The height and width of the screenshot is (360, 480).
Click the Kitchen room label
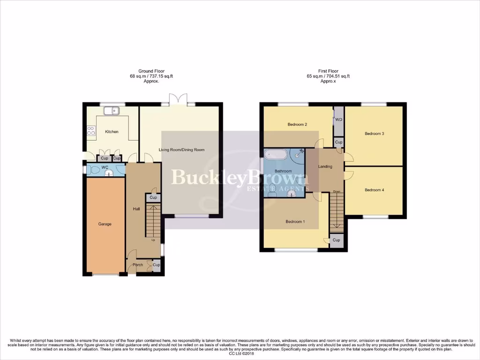pos(112,132)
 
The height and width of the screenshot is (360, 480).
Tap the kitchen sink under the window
pos(112,111)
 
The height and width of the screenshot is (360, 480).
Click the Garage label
pos(105,224)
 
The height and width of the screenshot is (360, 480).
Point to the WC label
pos(105,167)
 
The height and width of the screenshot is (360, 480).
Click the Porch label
pos(138,265)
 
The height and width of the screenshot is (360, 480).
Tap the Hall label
pos(136,209)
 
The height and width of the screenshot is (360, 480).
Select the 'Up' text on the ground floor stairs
pos(153,240)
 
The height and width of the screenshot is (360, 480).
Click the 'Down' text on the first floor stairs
pos(337,192)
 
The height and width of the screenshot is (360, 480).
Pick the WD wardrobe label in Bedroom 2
pos(339,120)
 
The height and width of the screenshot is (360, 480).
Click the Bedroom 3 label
pos(374,134)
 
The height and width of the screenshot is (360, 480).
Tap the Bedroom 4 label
pos(374,190)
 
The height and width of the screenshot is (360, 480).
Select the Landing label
pos(325,166)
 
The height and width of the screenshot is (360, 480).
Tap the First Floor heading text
pos(328,71)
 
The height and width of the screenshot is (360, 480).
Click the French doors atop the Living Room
pos(178,100)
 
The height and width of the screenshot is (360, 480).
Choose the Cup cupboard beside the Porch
pos(156,265)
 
